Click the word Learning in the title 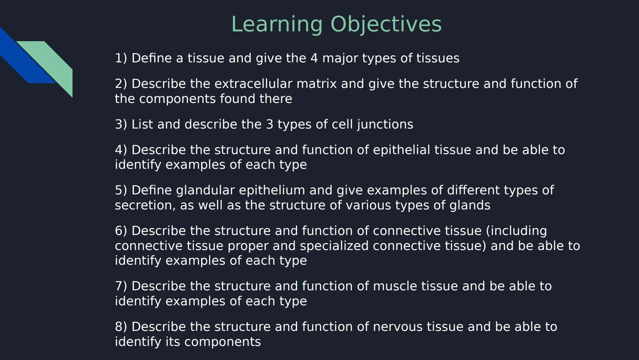point(277,25)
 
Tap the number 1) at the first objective point(121,58)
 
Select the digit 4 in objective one point(314,58)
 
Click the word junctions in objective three point(385,124)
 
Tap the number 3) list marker point(121,124)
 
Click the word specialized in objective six point(334,246)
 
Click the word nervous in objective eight point(398,327)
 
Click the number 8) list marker point(121,327)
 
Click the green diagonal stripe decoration point(55,63)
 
